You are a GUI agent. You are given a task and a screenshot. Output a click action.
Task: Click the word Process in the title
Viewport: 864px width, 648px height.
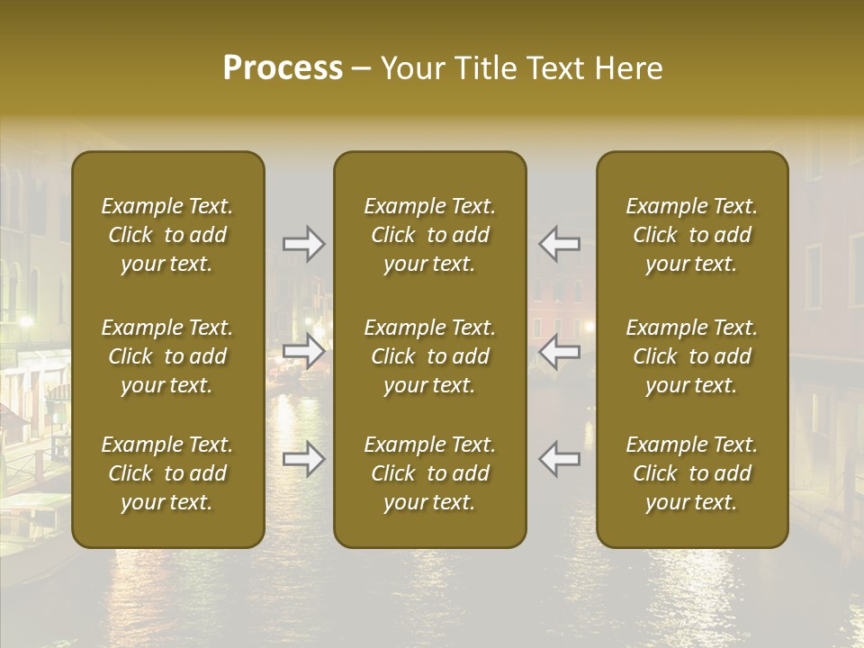(283, 68)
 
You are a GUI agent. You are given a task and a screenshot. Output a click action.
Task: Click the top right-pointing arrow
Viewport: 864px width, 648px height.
(303, 244)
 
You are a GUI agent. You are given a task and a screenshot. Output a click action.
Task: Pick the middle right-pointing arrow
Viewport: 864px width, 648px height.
(303, 352)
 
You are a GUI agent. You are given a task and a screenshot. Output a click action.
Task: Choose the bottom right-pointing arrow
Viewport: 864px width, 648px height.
(303, 460)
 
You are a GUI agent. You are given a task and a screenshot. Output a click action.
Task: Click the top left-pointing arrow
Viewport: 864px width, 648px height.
(559, 244)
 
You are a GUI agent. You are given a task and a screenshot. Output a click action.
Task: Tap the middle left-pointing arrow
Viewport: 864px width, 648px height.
(559, 352)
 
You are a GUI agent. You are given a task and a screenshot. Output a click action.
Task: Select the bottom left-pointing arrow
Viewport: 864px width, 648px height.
(559, 460)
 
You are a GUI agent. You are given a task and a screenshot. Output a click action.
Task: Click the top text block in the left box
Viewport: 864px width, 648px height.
(167, 235)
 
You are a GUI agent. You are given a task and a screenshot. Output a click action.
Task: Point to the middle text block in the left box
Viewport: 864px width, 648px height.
(167, 356)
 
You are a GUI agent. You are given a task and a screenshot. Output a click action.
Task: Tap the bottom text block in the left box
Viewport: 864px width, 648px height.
(167, 473)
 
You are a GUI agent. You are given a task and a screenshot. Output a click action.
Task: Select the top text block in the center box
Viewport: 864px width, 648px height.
(430, 235)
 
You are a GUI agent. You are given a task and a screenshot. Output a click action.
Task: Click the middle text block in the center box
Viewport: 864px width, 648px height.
(430, 356)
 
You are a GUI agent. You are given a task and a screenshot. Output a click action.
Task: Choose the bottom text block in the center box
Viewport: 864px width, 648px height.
(430, 473)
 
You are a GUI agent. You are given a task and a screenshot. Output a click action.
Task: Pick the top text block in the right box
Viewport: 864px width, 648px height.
(692, 235)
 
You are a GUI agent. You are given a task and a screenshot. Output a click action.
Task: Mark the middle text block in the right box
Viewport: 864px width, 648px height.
(692, 356)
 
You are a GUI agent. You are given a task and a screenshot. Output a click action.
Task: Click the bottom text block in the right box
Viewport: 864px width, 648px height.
(692, 473)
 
